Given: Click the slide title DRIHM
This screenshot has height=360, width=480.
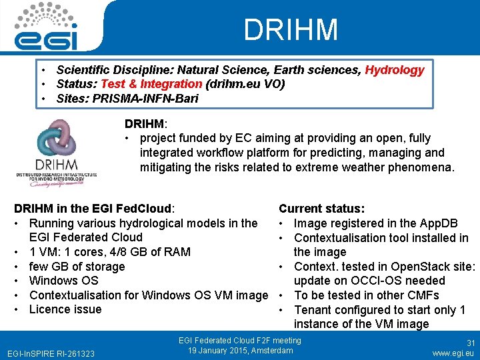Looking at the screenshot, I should pyautogui.click(x=291, y=30).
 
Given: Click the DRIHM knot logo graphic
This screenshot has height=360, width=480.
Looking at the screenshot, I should pyautogui.click(x=56, y=139).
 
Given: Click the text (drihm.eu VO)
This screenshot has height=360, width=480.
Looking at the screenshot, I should pyautogui.click(x=245, y=84).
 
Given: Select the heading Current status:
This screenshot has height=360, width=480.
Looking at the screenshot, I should pyautogui.click(x=321, y=209).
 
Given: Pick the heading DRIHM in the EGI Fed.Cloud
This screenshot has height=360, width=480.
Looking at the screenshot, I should pyautogui.click(x=94, y=208).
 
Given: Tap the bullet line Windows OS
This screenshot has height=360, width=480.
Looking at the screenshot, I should pyautogui.click(x=63, y=281).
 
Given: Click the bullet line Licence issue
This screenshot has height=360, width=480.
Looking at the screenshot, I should pyautogui.click(x=65, y=309).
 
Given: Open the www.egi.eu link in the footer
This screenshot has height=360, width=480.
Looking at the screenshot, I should pyautogui.click(x=453, y=352).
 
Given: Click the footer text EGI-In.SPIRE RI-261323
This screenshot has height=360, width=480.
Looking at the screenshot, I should pyautogui.click(x=51, y=353).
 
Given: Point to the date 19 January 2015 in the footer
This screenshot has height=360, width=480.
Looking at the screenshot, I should pyautogui.click(x=224, y=351).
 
